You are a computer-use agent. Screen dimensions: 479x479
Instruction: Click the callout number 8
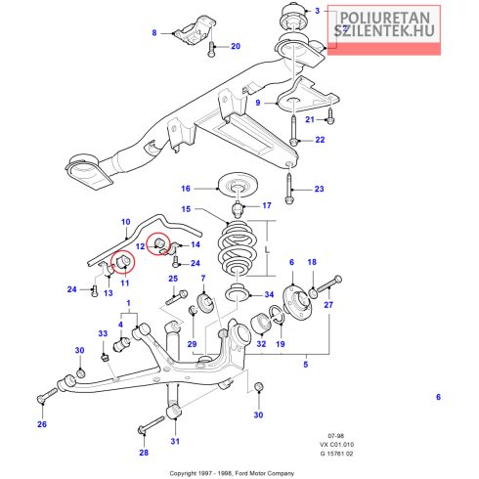[x=154, y=32]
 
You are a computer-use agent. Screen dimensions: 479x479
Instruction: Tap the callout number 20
[x=236, y=46]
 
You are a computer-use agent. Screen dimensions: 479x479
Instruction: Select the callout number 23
[x=319, y=189]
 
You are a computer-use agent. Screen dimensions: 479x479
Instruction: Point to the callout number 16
[x=186, y=189]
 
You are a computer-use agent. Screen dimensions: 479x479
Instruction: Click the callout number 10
[x=126, y=222]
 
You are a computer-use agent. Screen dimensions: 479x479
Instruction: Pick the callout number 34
[x=269, y=294]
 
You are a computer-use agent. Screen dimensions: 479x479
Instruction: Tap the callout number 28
[x=144, y=453]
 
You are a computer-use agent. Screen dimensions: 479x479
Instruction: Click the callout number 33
[x=103, y=333]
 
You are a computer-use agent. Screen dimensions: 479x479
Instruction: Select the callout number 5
[x=306, y=364]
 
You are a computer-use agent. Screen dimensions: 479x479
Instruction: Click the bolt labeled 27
[x=328, y=284]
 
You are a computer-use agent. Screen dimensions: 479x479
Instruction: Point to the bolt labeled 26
[x=47, y=395]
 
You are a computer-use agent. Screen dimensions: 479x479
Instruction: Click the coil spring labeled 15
[x=238, y=248]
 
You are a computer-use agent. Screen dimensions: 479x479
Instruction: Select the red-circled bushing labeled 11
[x=123, y=261]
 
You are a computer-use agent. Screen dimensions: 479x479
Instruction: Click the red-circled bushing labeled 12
[x=159, y=243]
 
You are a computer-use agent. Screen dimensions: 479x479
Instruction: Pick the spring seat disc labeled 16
[x=238, y=186]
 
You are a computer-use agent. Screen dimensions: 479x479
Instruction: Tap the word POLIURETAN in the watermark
[x=385, y=18]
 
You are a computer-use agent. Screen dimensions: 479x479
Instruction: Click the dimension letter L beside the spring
[x=267, y=249]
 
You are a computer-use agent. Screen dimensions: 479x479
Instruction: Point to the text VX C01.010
[x=336, y=444]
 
